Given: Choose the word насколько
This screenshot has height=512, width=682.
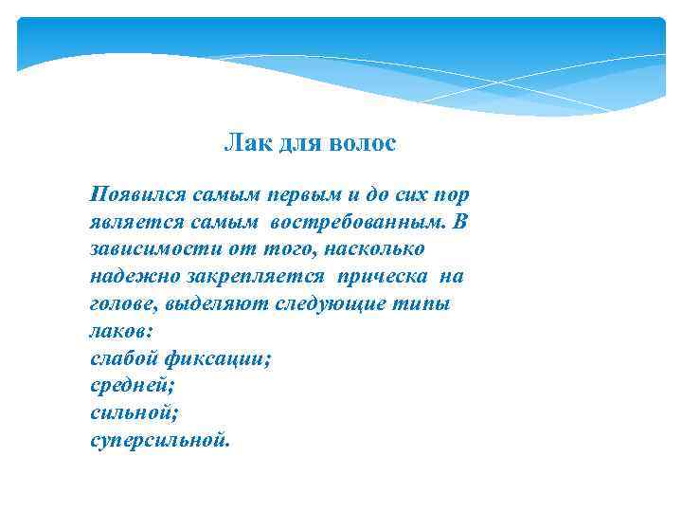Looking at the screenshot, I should point(374,249).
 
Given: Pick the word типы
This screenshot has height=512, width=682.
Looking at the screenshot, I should point(424,304).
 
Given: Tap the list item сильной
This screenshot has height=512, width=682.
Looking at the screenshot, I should point(134,414).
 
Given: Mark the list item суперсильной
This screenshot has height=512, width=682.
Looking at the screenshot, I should point(159,442).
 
